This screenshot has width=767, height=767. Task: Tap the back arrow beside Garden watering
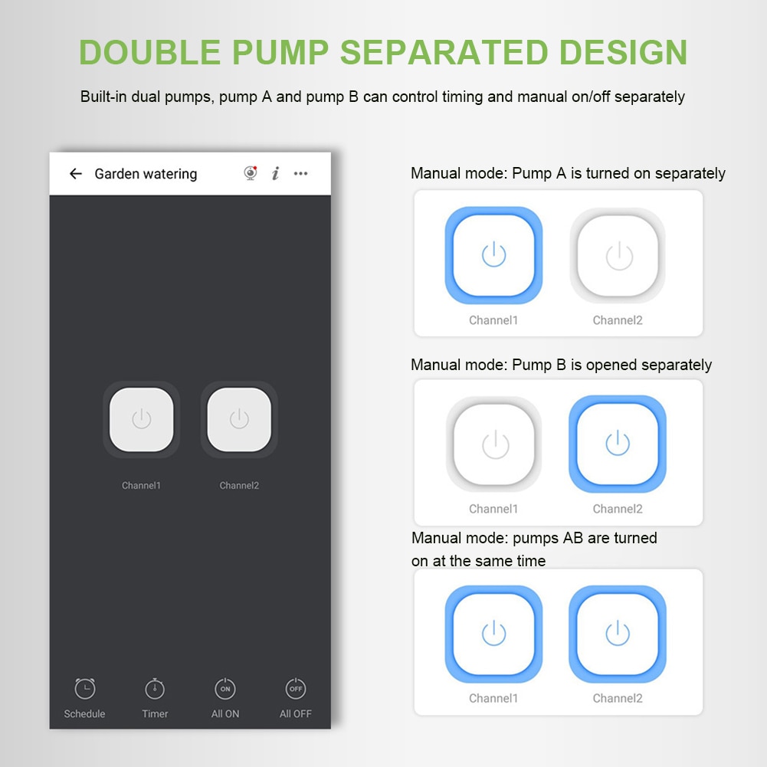[x=76, y=174]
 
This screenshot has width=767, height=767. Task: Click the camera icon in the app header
[x=251, y=173]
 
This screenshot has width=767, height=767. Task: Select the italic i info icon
[x=276, y=173]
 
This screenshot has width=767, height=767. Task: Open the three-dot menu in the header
[x=301, y=173]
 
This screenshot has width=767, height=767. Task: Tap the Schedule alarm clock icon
[x=85, y=688]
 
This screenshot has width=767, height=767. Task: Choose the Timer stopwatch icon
[x=155, y=688]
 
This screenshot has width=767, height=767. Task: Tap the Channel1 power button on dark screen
[x=141, y=420]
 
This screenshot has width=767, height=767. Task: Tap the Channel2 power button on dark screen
[x=239, y=420]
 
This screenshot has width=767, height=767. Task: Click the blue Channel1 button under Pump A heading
[x=493, y=255]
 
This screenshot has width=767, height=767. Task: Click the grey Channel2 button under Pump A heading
[x=618, y=255]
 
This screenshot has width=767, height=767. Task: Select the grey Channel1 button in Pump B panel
[x=494, y=444]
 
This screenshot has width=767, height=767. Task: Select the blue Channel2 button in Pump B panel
[x=618, y=444]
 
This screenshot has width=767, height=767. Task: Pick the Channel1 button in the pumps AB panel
[x=493, y=634]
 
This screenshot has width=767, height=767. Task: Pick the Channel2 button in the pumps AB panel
[x=618, y=634]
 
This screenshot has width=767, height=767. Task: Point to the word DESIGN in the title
[x=623, y=52]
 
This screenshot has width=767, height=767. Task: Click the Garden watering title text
[x=146, y=174]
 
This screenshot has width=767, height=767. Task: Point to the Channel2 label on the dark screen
[x=239, y=485]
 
